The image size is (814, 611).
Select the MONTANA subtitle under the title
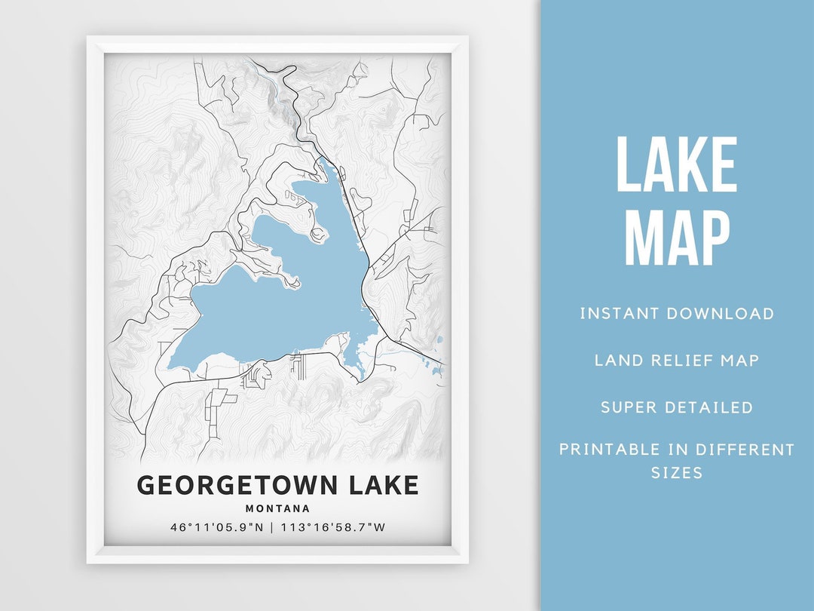click(x=277, y=508)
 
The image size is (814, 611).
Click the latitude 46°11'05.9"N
click(x=217, y=527)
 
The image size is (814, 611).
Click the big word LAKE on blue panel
click(x=677, y=166)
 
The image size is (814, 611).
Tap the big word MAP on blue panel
click(x=677, y=238)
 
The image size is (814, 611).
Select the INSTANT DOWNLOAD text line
click(x=677, y=314)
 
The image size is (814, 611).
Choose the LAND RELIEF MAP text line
click(x=677, y=361)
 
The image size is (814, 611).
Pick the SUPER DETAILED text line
click(x=677, y=407)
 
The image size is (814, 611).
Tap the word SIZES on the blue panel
click(x=677, y=473)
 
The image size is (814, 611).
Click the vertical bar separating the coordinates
click(x=272, y=527)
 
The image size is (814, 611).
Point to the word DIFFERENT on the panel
click(x=745, y=450)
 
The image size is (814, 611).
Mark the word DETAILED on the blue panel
click(x=708, y=407)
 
